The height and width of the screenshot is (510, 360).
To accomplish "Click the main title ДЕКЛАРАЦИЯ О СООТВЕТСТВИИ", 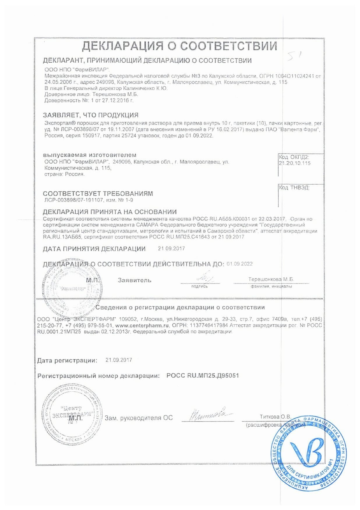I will coord(179,46).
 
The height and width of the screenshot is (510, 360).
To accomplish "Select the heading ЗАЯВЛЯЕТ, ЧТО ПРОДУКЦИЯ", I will coord(91,115).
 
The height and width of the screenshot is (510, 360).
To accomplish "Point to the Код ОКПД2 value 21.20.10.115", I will coord(294,163).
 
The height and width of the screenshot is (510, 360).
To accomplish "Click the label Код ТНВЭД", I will coord(294,187).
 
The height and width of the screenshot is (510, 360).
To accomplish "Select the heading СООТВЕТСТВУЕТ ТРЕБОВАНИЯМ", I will coord(98,194).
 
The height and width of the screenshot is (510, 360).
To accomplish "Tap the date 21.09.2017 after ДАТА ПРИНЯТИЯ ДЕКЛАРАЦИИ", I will coord(171,249).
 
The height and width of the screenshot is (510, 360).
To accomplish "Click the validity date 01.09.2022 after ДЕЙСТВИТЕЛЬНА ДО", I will coord(239,264).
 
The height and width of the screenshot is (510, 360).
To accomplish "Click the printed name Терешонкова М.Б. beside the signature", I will coord(271,279).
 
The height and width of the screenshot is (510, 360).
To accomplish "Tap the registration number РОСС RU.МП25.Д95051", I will coord(202,376).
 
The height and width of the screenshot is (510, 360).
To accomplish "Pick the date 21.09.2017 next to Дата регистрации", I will coord(119,360).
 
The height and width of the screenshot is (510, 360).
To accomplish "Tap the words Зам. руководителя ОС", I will coord(139,418).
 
